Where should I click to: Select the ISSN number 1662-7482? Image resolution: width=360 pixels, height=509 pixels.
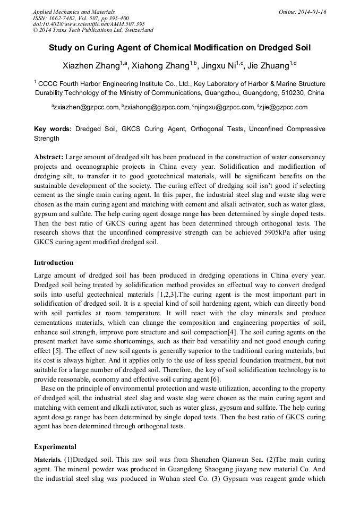[63, 18]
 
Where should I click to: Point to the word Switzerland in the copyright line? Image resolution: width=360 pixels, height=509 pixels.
[136, 30]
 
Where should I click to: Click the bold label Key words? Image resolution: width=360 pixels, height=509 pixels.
[53, 129]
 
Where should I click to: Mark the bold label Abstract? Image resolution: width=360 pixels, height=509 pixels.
[49, 157]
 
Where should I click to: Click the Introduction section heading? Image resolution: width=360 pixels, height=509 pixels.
[54, 263]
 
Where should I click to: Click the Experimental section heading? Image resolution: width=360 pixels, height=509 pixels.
[55, 446]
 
